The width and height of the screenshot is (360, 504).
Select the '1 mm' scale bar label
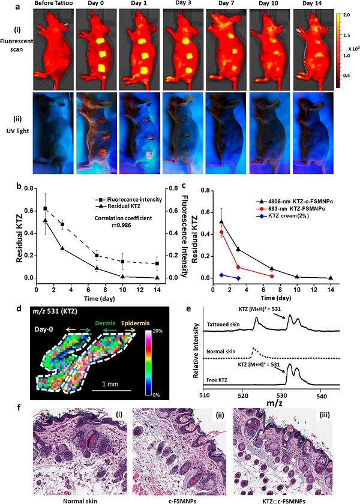pos(111,384)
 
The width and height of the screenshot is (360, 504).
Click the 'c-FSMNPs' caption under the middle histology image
pos(175,497)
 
